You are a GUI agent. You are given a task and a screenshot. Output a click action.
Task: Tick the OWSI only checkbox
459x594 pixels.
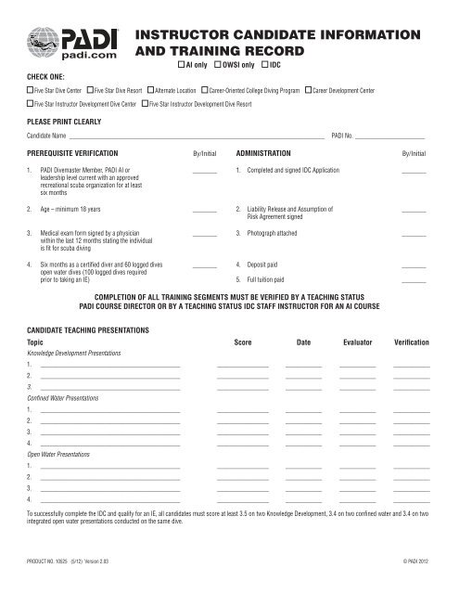(x=217, y=67)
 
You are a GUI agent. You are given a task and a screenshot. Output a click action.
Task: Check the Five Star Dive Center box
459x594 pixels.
(x=29, y=93)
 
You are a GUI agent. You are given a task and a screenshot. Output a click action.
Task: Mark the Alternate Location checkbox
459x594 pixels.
(x=150, y=93)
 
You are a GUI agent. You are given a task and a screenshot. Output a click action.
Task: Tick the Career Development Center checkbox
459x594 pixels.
(x=309, y=93)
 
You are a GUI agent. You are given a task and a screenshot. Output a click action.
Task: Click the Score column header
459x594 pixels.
(x=241, y=343)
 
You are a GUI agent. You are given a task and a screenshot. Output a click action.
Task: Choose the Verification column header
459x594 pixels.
(x=411, y=343)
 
